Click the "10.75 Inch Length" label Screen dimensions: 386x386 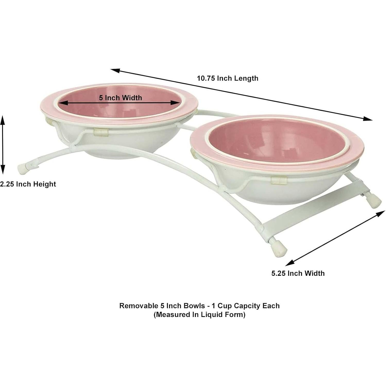(228, 78)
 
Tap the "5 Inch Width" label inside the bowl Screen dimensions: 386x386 (121, 98)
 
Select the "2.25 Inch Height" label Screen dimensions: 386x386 (28, 184)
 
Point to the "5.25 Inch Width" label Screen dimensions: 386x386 (298, 273)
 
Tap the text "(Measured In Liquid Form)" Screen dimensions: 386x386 (199, 314)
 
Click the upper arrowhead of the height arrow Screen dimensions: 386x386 (3, 119)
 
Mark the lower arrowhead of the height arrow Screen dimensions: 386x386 (3, 170)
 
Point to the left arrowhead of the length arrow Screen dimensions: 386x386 (115, 70)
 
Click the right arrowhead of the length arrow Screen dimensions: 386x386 (368, 118)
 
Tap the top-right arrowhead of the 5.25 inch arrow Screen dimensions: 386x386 (381, 214)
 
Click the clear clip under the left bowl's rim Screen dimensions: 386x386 (101, 132)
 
